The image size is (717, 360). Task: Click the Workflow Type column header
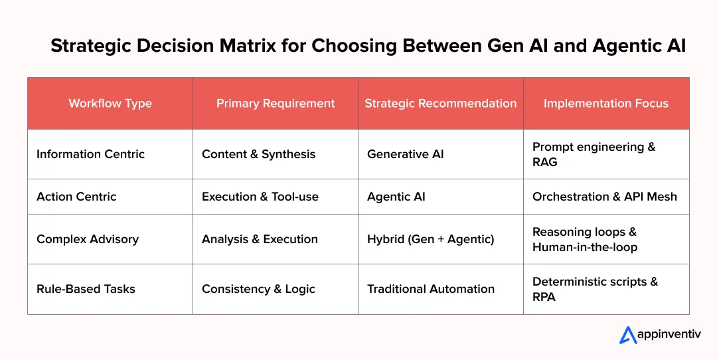click(x=110, y=104)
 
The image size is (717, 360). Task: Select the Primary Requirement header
click(x=276, y=104)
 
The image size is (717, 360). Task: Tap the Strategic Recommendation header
click(x=441, y=104)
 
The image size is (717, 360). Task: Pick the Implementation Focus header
click(x=606, y=104)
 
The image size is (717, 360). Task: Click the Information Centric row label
click(x=90, y=154)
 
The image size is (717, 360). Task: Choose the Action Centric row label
click(x=76, y=197)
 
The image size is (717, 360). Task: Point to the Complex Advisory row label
click(x=88, y=239)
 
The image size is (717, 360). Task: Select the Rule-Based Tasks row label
click(x=86, y=289)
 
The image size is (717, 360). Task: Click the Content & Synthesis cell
click(x=259, y=154)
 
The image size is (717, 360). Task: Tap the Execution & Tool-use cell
click(x=260, y=197)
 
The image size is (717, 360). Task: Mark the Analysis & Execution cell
click(x=260, y=239)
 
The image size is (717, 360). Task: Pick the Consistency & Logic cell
click(x=258, y=289)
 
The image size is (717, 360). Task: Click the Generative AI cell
click(x=406, y=154)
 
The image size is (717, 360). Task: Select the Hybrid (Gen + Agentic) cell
click(x=431, y=239)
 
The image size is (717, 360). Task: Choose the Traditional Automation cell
click(x=431, y=289)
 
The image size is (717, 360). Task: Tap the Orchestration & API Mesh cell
click(x=605, y=197)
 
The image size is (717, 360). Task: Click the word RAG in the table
click(x=545, y=162)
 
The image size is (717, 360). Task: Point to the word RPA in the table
click(x=544, y=297)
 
